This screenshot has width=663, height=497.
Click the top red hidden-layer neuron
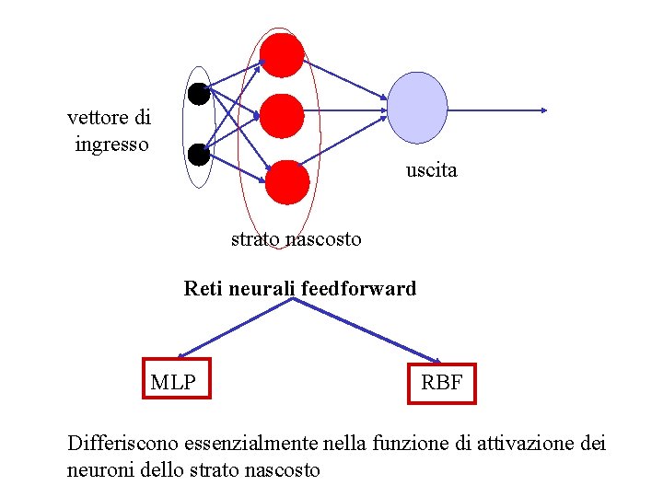pos(282,55)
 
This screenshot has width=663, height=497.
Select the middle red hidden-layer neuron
pos(281,116)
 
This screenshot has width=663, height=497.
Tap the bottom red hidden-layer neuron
pos(287,181)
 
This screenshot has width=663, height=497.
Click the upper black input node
pos(198,93)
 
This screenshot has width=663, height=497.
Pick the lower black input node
pos(198,155)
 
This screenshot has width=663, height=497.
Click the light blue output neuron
pos(417,109)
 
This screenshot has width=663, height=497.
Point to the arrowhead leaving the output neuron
pos(543,110)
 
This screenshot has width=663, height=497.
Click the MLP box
pos(177,378)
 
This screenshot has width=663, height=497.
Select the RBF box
pos(442,381)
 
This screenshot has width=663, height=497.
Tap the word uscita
pos(431,170)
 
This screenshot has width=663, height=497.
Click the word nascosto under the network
pos(323,239)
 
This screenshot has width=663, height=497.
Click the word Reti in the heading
pos(204,289)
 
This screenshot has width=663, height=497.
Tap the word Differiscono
pos(123,443)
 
